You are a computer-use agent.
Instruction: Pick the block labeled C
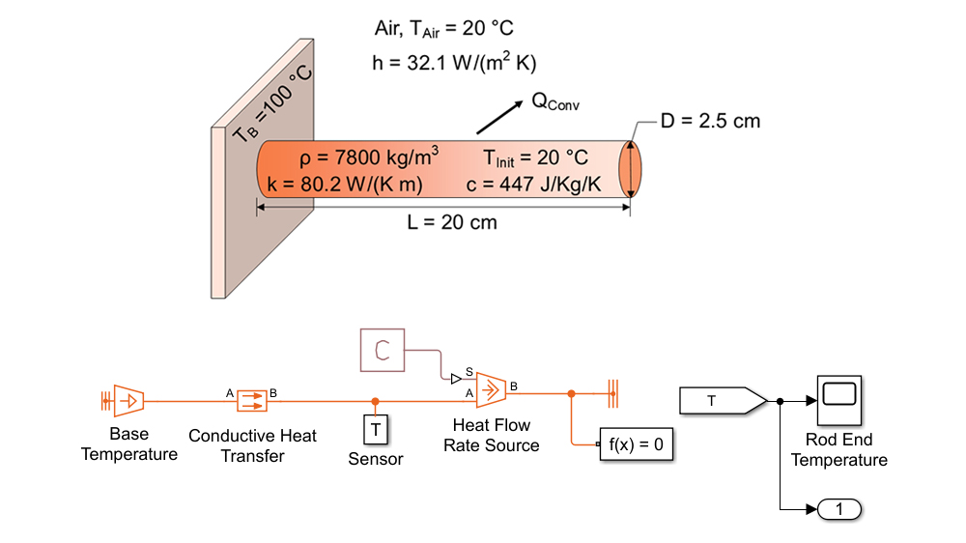click(x=383, y=350)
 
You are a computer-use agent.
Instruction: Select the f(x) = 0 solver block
click(x=636, y=444)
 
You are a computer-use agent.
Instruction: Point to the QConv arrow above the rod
click(x=495, y=118)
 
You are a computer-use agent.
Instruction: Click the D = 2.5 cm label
click(x=710, y=121)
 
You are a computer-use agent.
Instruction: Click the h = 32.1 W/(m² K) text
click(x=454, y=63)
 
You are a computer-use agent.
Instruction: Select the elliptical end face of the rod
click(x=630, y=169)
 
